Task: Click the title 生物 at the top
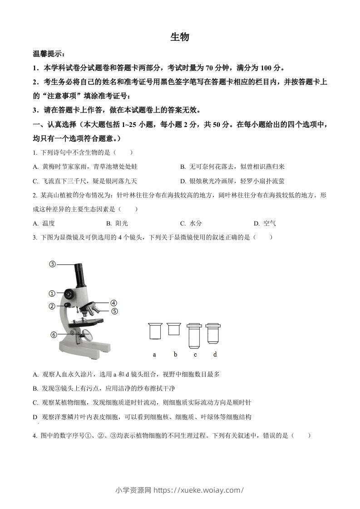tap(180, 38)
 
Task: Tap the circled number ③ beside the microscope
tap(53, 264)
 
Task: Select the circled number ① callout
tap(53, 293)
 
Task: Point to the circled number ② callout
tap(53, 306)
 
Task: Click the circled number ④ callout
tap(113, 303)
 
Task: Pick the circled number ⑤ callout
tap(114, 311)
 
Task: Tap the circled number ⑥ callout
tap(54, 335)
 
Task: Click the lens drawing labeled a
tap(155, 331)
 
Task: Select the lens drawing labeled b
tap(174, 329)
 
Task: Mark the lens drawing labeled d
tap(213, 333)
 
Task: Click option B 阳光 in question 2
tap(118, 223)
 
